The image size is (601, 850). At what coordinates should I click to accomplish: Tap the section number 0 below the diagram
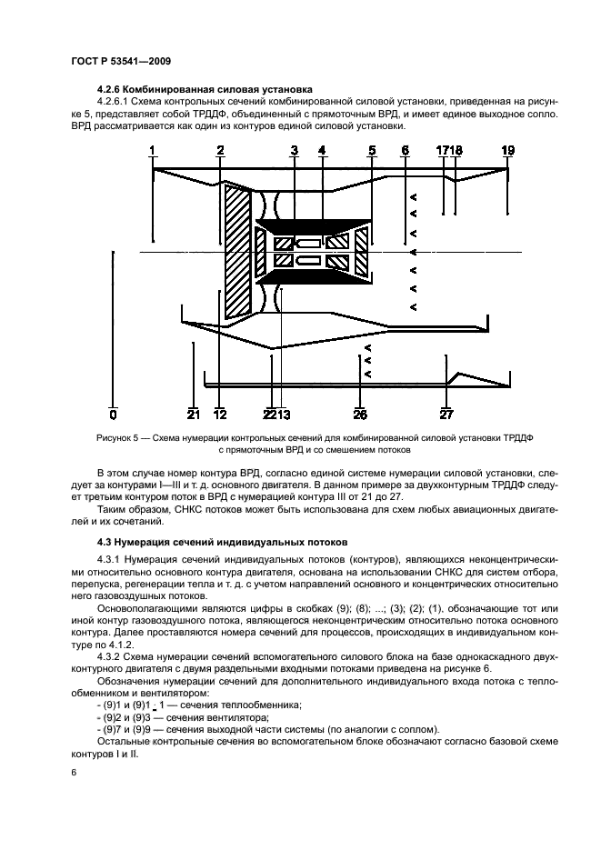point(113,415)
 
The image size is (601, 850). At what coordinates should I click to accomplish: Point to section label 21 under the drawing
point(193,415)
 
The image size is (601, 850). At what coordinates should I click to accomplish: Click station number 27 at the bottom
point(446,415)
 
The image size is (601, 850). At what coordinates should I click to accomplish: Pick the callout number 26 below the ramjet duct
point(360,415)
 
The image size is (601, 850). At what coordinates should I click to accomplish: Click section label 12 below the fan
point(219,415)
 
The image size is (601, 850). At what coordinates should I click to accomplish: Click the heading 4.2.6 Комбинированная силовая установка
point(204,89)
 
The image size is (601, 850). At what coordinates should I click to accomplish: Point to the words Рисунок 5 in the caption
point(117,437)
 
